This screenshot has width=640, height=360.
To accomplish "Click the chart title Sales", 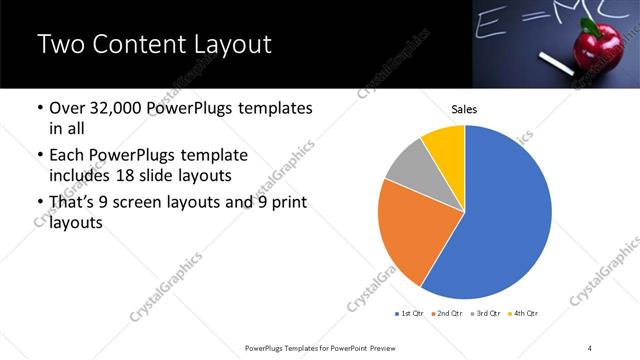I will [464, 109].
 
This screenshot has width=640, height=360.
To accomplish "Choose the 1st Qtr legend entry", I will [410, 314].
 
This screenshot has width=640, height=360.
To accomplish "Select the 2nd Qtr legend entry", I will [447, 314].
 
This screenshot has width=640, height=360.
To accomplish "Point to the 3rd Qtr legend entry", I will [485, 314].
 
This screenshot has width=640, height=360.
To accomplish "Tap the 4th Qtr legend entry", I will [523, 314].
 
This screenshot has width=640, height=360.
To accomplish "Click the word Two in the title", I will [59, 45].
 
